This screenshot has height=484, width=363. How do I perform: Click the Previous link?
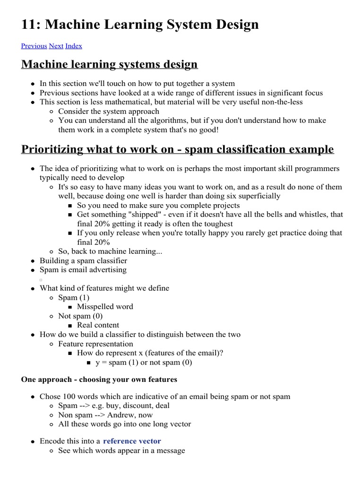pos(34,46)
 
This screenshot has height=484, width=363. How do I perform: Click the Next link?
pos(56,46)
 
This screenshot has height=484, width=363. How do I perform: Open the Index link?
pos(73,46)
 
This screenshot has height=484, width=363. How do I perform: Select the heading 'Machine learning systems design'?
pos(109,64)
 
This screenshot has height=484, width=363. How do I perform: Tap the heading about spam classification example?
pos(177,149)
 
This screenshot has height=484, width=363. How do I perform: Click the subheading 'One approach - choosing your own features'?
pos(99,380)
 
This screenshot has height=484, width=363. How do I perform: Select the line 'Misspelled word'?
pos(105,306)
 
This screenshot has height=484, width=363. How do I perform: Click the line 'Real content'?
pos(98,325)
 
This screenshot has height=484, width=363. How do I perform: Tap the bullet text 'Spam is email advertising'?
pos(83,269)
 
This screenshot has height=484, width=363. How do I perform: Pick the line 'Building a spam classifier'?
pos(83,260)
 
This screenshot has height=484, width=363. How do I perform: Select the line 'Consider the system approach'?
pos(108,111)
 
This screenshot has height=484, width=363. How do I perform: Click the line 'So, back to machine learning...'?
pos(110,251)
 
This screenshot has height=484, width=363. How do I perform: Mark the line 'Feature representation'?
pos(95,344)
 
